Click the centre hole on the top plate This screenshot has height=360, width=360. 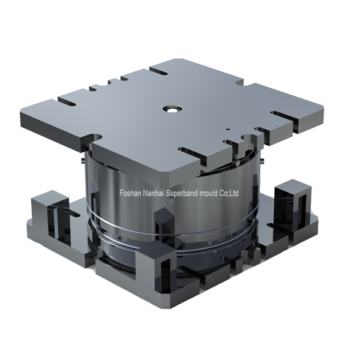click(x=172, y=109)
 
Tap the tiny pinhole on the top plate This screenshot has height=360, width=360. click(x=227, y=129)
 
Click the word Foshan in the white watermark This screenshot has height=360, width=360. click(x=130, y=193)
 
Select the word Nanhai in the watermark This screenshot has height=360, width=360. click(x=154, y=193)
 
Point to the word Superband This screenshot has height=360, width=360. click(x=182, y=193)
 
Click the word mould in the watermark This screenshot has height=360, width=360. click(x=209, y=193)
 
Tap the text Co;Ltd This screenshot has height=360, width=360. click(x=229, y=193)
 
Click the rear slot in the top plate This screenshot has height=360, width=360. click(x=159, y=71)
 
